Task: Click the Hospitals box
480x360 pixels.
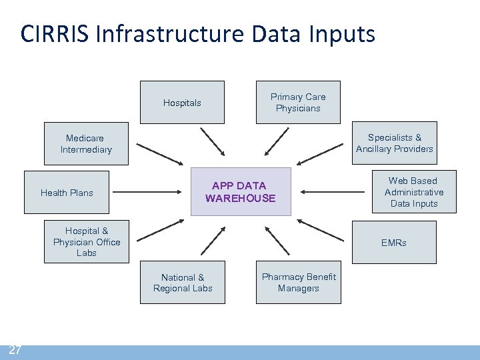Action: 182,103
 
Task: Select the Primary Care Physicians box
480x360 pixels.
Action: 298,103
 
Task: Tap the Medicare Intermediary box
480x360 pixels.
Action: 87,144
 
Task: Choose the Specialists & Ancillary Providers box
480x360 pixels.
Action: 394,143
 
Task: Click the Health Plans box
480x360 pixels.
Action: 67,193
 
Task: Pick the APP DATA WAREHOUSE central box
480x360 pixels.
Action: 241,192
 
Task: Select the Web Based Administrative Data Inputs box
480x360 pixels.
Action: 413,192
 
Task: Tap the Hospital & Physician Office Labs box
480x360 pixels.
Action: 87,242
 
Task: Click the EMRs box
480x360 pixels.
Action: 394,243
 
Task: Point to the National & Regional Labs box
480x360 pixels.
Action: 182,283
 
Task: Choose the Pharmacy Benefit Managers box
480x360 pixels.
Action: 298,283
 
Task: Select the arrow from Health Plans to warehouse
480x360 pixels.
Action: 152,193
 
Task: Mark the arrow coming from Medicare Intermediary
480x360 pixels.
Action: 159,153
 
